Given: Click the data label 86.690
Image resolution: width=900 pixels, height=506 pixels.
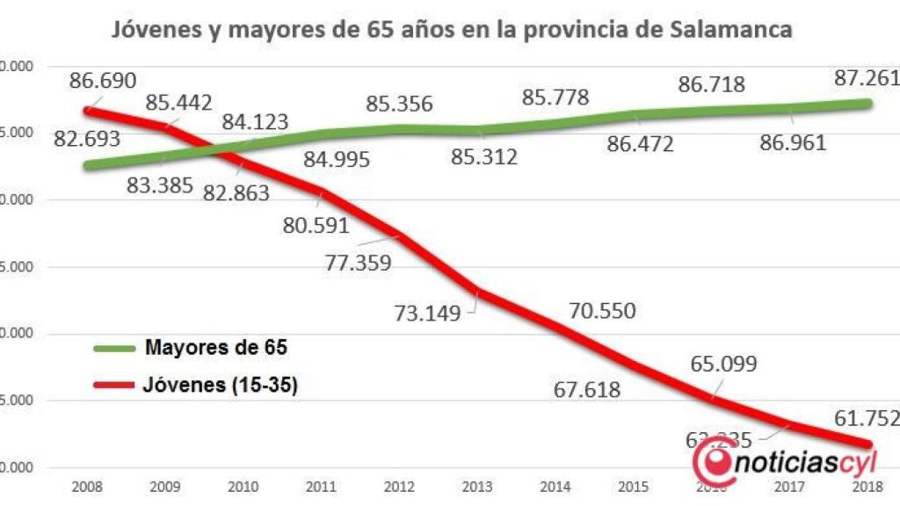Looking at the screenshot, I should (x=104, y=81).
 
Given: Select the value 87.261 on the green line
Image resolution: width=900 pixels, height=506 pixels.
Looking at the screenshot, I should (x=866, y=79).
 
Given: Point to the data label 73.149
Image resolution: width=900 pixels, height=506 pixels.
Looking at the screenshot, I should (x=427, y=313).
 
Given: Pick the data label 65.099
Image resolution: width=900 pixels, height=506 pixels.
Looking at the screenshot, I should (x=723, y=364).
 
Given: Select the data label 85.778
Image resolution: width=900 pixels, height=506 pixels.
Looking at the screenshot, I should (x=555, y=97).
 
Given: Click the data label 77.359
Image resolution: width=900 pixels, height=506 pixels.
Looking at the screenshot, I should (x=358, y=262).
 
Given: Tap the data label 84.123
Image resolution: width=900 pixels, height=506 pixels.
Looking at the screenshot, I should (x=255, y=122).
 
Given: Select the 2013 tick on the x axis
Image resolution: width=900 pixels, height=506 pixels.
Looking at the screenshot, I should (x=478, y=486).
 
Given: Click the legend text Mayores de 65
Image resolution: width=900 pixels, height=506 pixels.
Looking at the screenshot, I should (x=215, y=348).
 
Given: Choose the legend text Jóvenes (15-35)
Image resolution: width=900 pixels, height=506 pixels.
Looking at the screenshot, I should (x=220, y=385).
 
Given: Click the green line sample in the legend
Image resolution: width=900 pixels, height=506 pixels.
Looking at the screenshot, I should (x=114, y=348).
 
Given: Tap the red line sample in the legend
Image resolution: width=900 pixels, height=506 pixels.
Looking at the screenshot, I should (x=114, y=385).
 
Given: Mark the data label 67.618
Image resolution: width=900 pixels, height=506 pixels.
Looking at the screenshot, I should (x=587, y=390).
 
